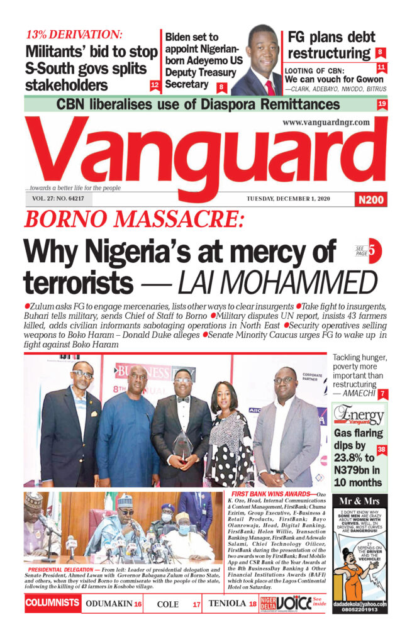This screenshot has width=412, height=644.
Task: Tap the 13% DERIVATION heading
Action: (75, 35)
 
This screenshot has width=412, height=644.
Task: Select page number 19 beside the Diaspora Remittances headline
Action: (382, 104)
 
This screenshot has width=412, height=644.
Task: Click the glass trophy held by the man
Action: (183, 445)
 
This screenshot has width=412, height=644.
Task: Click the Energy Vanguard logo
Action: (359, 415)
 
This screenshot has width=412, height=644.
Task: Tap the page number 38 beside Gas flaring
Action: (381, 450)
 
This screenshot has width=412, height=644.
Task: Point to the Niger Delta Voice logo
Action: (287, 604)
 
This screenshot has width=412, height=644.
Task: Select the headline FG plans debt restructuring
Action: (331, 45)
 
